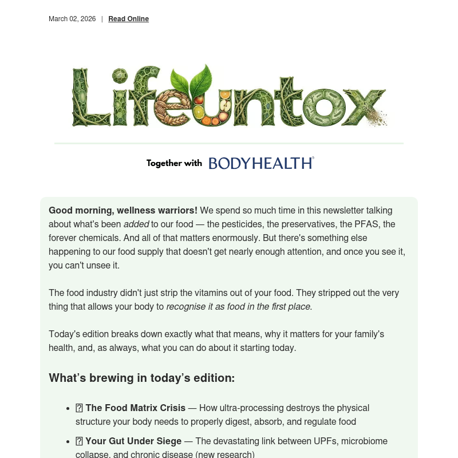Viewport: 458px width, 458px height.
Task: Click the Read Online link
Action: click(128, 19)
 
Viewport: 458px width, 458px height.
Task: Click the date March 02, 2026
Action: click(72, 19)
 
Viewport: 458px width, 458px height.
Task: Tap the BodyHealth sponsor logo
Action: click(261, 163)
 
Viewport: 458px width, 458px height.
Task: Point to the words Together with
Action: click(174, 163)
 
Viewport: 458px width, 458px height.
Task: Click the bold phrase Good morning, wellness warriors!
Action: click(123, 210)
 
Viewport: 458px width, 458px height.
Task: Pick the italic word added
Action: click(136, 224)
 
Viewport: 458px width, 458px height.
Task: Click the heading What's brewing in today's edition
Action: click(141, 378)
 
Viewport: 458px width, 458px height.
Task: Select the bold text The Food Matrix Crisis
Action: click(135, 408)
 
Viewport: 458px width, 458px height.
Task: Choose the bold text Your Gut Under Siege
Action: click(133, 441)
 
